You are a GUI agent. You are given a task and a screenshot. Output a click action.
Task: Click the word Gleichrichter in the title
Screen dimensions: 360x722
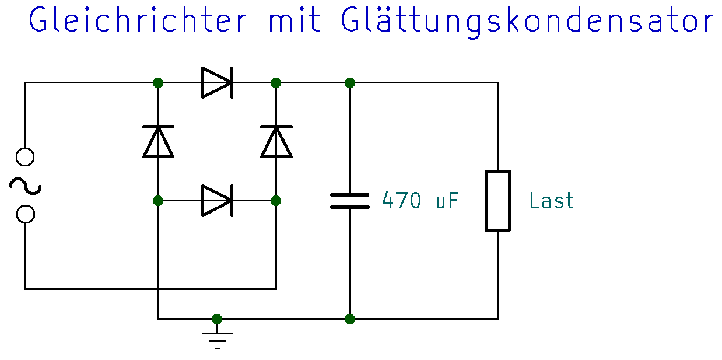(138, 21)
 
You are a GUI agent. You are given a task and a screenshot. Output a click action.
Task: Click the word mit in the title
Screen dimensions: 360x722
(295, 21)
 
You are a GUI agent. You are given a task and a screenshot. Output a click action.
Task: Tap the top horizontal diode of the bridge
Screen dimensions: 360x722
(217, 82)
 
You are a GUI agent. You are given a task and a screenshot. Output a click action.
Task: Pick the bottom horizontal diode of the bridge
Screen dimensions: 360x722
(217, 201)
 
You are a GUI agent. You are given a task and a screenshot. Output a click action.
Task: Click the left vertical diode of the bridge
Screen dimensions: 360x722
(158, 142)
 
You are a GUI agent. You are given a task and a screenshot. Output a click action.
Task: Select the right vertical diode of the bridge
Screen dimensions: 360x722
(276, 142)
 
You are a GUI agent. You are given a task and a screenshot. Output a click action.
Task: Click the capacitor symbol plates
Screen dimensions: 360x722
(350, 201)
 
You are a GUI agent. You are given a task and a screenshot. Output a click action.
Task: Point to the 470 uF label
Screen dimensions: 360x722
(420, 201)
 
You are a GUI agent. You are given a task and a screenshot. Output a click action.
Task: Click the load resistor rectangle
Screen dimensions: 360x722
(497, 201)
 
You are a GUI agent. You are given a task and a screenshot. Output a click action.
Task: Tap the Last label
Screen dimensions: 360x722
(551, 201)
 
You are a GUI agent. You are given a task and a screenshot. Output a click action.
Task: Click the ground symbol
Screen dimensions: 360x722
(217, 338)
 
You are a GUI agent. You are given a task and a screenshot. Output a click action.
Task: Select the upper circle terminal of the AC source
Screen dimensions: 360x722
(25, 157)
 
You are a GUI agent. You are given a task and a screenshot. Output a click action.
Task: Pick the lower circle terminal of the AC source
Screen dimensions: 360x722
(25, 214)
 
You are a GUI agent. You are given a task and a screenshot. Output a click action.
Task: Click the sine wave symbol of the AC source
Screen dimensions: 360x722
(25, 186)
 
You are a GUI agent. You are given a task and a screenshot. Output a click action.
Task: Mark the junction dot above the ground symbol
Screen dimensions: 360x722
(217, 319)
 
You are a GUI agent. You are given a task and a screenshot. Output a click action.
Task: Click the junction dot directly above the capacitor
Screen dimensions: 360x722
(350, 82)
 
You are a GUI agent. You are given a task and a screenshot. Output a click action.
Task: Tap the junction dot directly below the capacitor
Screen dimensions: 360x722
(350, 319)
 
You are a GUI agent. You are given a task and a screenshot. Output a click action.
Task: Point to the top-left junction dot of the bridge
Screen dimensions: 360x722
(158, 82)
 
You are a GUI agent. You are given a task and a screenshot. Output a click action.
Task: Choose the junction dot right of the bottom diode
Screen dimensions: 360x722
(276, 201)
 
